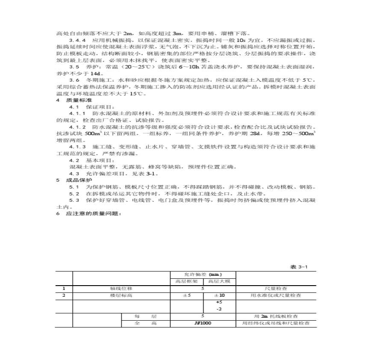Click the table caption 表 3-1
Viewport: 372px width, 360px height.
(x=299, y=266)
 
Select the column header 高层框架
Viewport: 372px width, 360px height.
(x=187, y=281)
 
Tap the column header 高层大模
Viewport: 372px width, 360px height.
(x=219, y=281)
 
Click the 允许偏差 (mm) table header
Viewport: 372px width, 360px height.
(x=203, y=274)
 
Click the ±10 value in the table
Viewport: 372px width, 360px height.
(x=219, y=295)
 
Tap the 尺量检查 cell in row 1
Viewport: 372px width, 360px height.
(x=276, y=288)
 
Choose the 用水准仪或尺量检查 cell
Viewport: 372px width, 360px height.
(x=276, y=295)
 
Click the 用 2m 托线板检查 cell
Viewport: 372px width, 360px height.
(x=276, y=316)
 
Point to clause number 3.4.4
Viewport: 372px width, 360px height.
(x=77, y=40)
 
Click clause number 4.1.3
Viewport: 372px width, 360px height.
(x=77, y=147)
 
